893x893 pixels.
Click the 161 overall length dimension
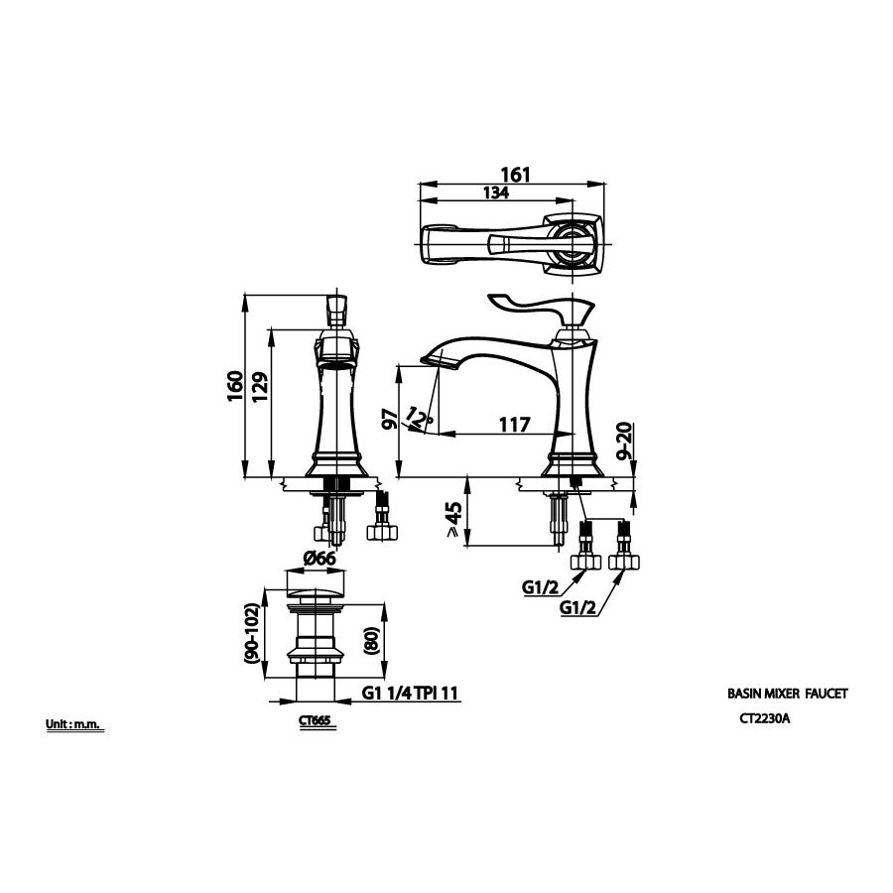tap(515, 175)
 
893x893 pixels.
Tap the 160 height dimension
tap(235, 385)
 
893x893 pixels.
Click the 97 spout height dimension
tap(390, 420)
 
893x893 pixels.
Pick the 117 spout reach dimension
tap(513, 424)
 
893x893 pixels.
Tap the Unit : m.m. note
tap(74, 724)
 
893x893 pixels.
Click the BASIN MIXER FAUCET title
tap(788, 697)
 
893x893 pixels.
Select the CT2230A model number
tap(764, 721)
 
